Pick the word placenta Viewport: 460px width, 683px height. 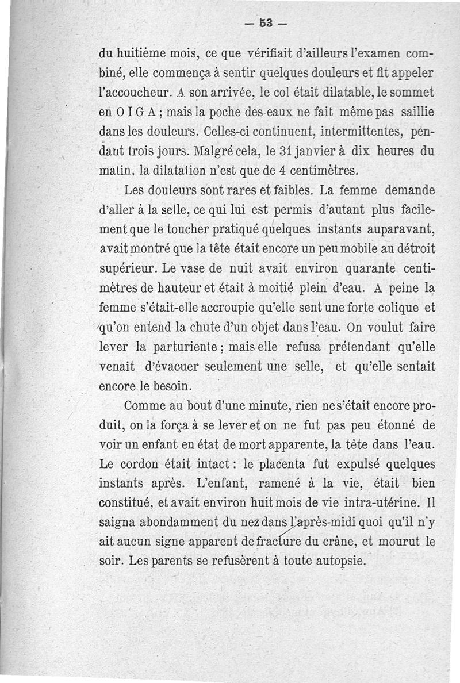point(278,465)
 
